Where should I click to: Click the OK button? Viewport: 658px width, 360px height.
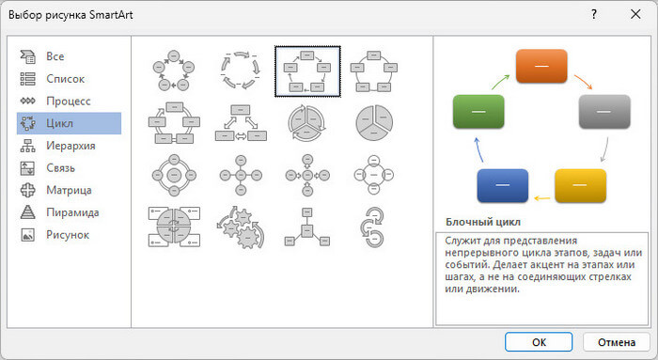pyautogui.click(x=539, y=342)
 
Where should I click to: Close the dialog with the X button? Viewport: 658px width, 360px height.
pyautogui.click(x=635, y=14)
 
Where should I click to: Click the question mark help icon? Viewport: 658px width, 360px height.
pyautogui.click(x=594, y=14)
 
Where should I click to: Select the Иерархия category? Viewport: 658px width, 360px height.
pyautogui.click(x=70, y=146)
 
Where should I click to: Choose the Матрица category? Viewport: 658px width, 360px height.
pyautogui.click(x=70, y=190)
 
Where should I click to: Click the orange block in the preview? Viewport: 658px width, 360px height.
pyautogui.click(x=541, y=66)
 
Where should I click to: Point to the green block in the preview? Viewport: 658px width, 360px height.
pyautogui.click(x=478, y=111)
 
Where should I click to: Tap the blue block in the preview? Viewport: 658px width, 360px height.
pyautogui.click(x=503, y=185)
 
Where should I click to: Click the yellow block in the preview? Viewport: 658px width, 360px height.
pyautogui.click(x=580, y=185)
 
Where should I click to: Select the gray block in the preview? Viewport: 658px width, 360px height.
pyautogui.click(x=604, y=111)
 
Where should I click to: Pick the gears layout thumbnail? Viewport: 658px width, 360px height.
pyautogui.click(x=241, y=227)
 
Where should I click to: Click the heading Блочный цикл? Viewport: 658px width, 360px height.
pyautogui.click(x=483, y=222)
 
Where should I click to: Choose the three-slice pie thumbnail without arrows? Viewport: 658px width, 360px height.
pyautogui.click(x=374, y=123)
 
